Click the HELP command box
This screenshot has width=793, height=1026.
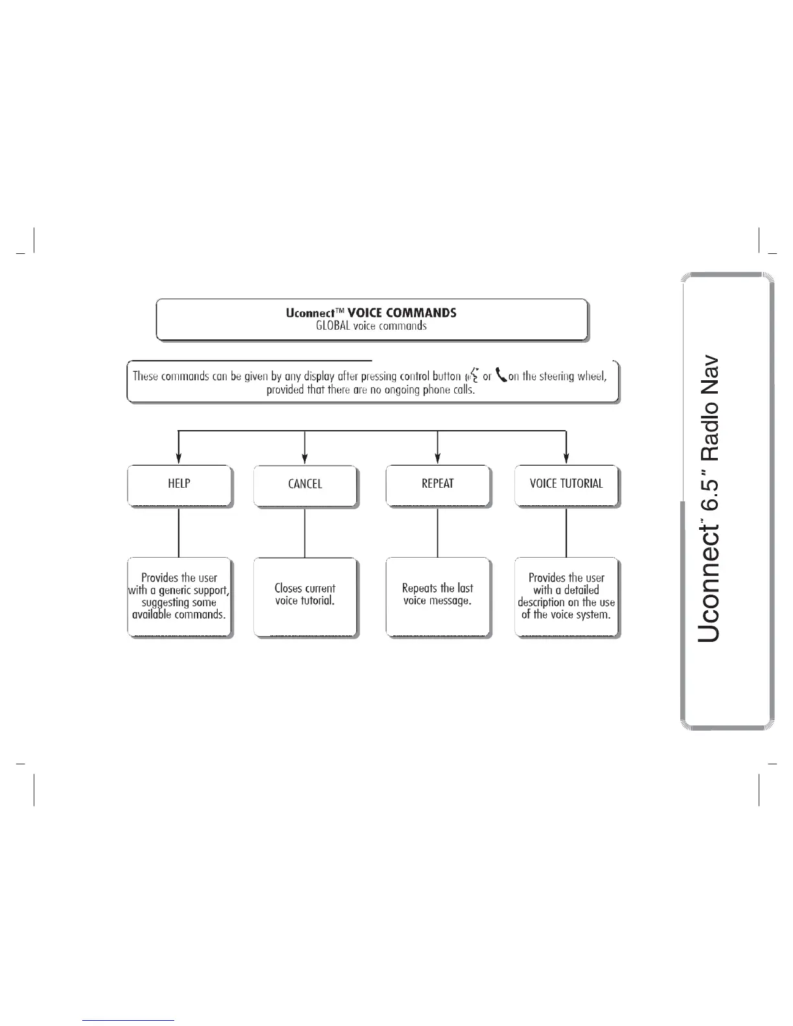179,484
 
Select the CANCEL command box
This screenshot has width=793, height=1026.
305,484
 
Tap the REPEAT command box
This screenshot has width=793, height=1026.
438,484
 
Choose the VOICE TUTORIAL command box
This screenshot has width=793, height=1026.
566,484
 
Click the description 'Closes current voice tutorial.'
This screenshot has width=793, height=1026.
305,595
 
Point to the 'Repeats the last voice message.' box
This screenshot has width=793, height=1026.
438,595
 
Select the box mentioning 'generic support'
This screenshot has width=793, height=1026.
179,597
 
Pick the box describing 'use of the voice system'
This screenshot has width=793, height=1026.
566,597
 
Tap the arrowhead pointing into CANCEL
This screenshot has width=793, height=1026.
305,459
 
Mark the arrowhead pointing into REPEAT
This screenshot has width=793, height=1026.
438,459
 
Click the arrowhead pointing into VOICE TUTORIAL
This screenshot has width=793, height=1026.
567,459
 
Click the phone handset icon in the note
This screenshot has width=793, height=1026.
501,375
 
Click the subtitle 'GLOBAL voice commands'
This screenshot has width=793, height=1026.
371,326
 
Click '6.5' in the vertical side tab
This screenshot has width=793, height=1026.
708,480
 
